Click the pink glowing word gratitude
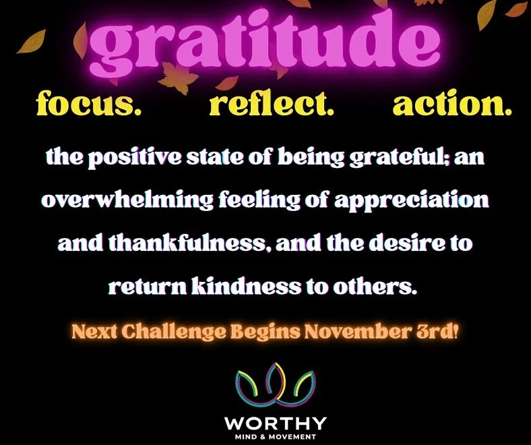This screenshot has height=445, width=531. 265,44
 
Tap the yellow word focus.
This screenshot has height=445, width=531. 89,104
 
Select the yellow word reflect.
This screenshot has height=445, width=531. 272,104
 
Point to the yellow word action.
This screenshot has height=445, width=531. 451,104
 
